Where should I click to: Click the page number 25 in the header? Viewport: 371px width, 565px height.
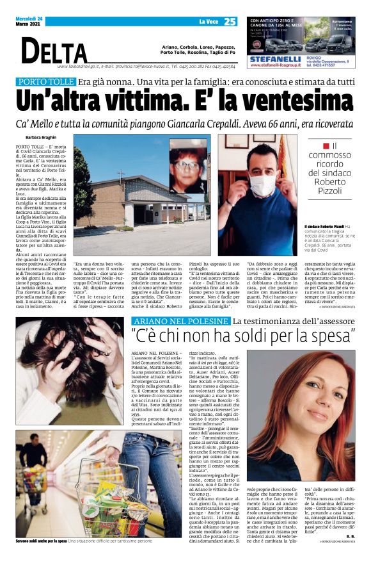point(230,22)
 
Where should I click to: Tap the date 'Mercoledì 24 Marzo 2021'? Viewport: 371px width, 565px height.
point(28,21)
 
